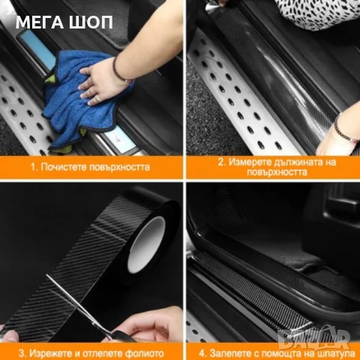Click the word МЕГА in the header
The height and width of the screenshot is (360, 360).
[40, 22]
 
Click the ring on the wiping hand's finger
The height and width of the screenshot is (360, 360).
[99, 98]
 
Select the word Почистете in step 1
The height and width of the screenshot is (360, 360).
[63, 167]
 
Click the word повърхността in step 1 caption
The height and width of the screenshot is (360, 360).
[118, 167]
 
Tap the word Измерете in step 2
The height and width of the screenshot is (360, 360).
[249, 162]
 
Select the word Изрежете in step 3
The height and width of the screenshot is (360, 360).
[50, 353]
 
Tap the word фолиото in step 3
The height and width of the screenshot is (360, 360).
[145, 353]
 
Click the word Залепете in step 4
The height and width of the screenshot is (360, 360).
[229, 353]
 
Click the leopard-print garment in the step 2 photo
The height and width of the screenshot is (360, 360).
[317, 13]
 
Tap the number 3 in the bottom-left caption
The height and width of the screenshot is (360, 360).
[22, 353]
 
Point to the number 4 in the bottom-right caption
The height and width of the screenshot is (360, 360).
[202, 353]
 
